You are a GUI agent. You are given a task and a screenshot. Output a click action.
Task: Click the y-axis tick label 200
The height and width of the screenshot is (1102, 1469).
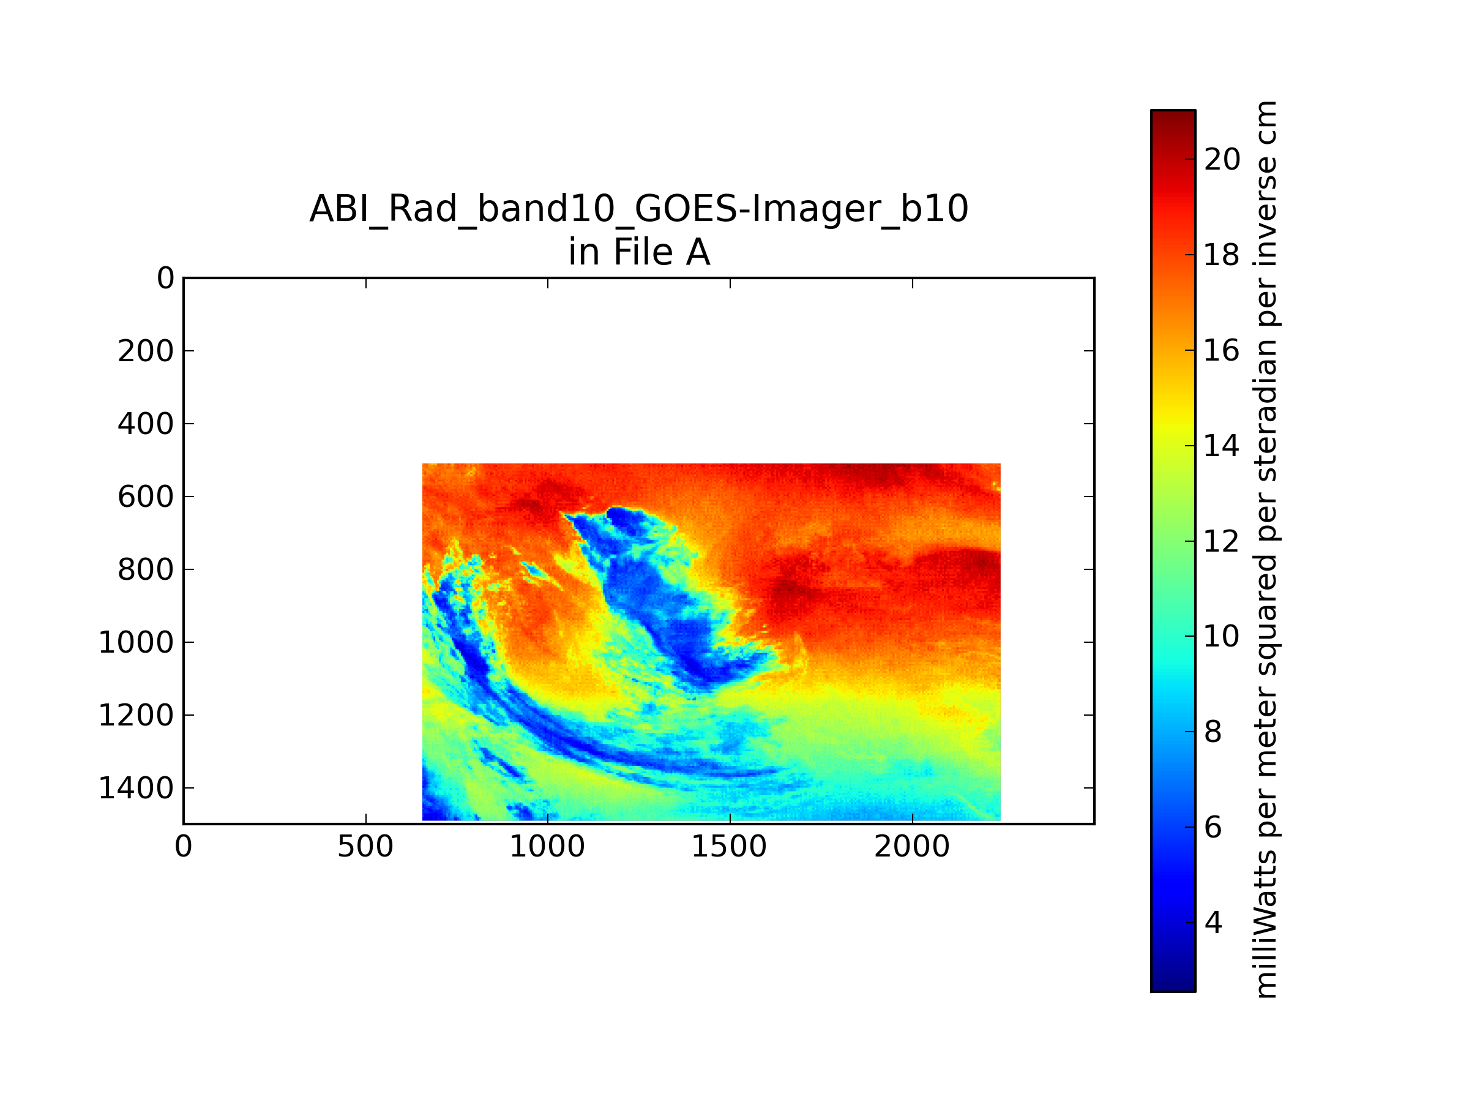coord(146,351)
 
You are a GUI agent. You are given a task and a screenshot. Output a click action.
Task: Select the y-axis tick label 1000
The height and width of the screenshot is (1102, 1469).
coord(136,642)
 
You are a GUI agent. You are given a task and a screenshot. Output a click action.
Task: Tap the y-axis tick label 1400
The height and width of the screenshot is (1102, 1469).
coord(136,789)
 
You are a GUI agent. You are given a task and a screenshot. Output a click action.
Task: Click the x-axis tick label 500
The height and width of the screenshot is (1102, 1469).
coord(365,847)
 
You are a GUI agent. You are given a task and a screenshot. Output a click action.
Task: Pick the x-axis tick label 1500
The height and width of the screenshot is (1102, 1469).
coord(729,847)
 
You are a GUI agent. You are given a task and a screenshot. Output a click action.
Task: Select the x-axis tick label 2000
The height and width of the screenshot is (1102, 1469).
coord(912,847)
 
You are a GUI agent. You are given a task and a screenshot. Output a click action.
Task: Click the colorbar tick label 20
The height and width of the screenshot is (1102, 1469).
coord(1222,159)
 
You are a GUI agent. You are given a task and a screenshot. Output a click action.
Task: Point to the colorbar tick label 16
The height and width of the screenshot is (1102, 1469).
coord(1222,350)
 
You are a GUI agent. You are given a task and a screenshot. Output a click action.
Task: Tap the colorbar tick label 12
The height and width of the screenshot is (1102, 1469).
coord(1222,541)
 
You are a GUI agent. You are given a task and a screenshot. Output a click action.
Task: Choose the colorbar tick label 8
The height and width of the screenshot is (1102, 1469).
coord(1213,732)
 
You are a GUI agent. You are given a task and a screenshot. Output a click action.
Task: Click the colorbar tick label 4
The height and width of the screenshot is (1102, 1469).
coord(1213,923)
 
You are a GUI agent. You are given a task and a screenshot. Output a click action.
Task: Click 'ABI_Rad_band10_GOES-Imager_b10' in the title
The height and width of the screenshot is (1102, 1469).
coord(639,209)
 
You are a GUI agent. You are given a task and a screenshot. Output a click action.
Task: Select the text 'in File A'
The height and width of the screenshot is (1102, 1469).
coord(639,252)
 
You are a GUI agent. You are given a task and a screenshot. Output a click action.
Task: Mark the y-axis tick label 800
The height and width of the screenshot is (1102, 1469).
coord(146,570)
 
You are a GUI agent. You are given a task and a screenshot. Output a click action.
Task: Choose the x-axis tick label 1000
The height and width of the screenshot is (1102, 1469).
coord(547,847)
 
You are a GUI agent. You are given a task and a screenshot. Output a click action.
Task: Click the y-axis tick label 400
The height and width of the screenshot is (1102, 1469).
coord(146,424)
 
